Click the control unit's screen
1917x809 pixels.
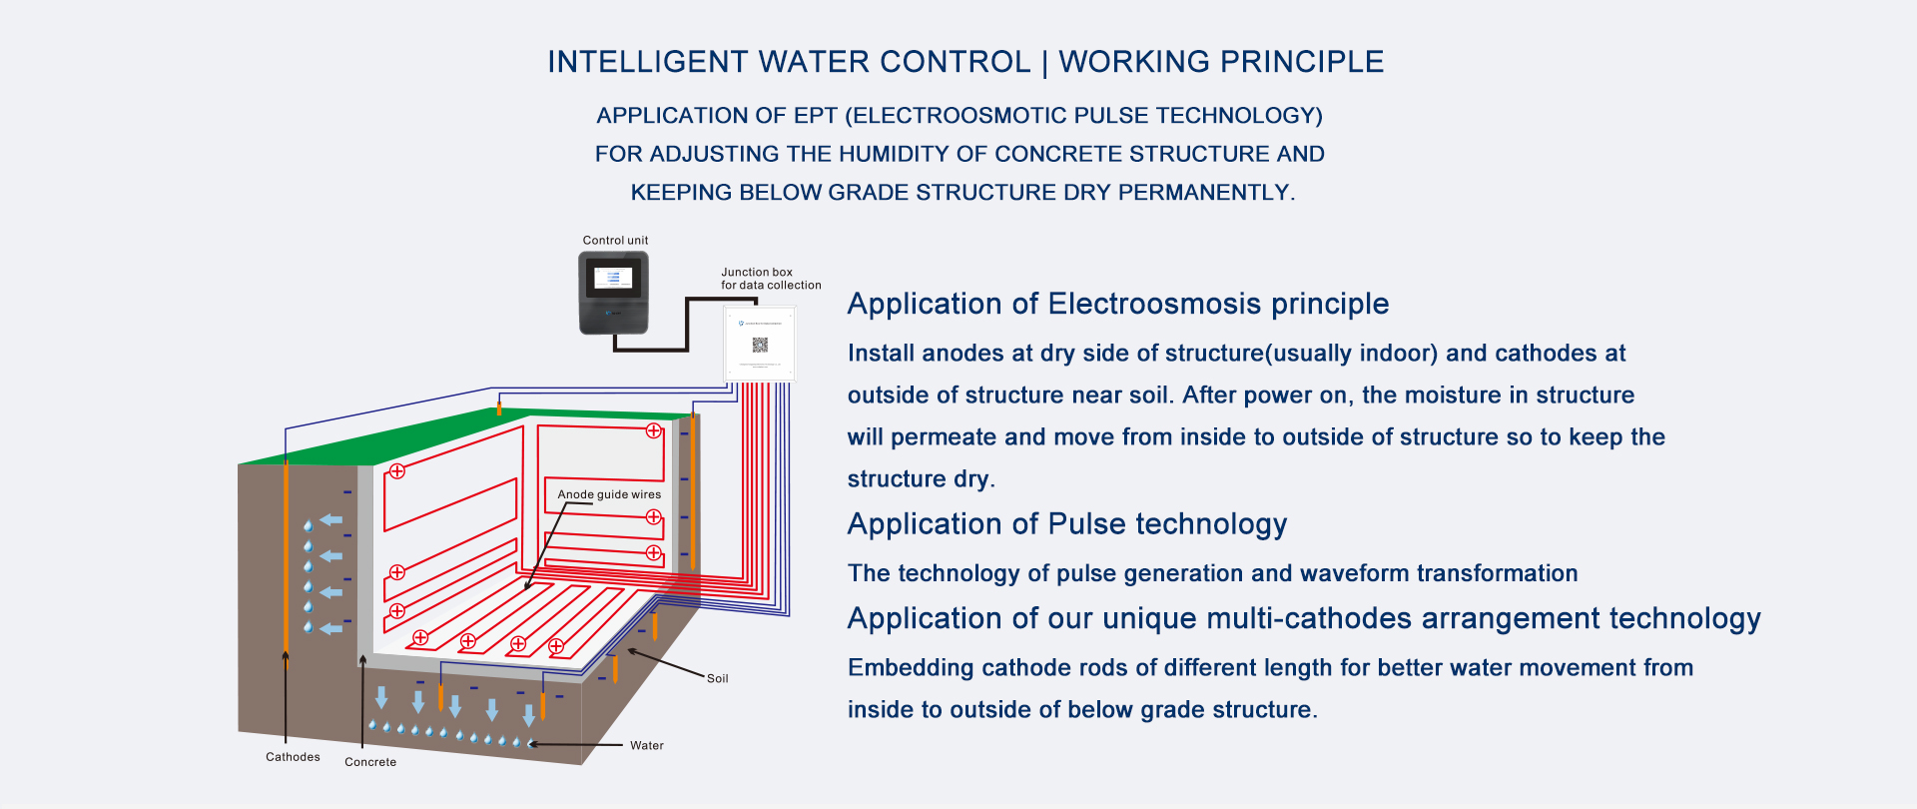pyautogui.click(x=613, y=277)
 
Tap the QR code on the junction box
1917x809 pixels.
pyautogui.click(x=760, y=346)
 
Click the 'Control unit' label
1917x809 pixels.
pyautogui.click(x=615, y=241)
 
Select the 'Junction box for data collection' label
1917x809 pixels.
pyautogui.click(x=771, y=279)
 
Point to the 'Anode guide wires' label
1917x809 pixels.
pyautogui.click(x=609, y=494)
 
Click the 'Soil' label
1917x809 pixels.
pyautogui.click(x=717, y=678)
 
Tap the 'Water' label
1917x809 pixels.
pyautogui.click(x=646, y=745)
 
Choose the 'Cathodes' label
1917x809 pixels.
pyautogui.click(x=293, y=757)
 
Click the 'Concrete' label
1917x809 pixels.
pyautogui.click(x=370, y=762)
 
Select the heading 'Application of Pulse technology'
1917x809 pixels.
pyautogui.click(x=1067, y=524)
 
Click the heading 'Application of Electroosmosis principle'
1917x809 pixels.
pyautogui.click(x=1118, y=304)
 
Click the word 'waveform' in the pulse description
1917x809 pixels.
pyautogui.click(x=1355, y=573)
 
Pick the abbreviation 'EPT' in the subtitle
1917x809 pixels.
pyautogui.click(x=816, y=116)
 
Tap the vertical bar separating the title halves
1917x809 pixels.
pyautogui.click(x=1044, y=63)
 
